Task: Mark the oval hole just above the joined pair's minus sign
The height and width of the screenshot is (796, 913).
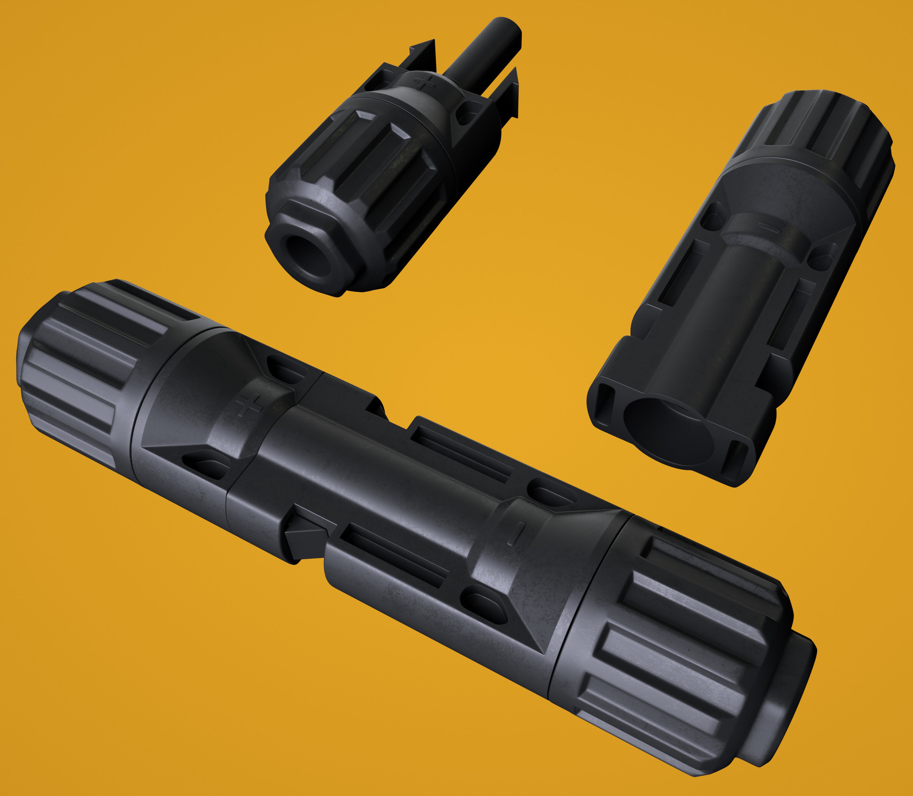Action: click(549, 493)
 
